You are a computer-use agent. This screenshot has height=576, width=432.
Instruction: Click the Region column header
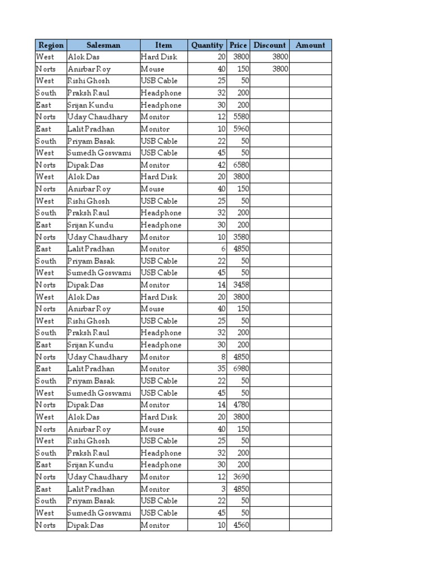pyautogui.click(x=51, y=45)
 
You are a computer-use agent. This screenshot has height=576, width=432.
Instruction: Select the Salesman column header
pyautogui.click(x=103, y=45)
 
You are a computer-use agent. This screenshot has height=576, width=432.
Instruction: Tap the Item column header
pyautogui.click(x=164, y=45)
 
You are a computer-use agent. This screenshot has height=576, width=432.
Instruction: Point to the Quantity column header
pyautogui.click(x=207, y=45)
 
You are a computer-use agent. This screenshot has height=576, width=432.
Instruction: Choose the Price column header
pyautogui.click(x=238, y=45)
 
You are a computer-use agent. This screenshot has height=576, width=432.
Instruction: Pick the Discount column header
pyautogui.click(x=270, y=45)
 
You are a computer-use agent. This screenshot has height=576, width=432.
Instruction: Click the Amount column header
pyautogui.click(x=310, y=45)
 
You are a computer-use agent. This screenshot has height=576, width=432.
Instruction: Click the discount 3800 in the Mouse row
pyautogui.click(x=280, y=69)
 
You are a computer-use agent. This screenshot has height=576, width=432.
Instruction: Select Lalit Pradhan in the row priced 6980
pyautogui.click(x=91, y=369)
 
